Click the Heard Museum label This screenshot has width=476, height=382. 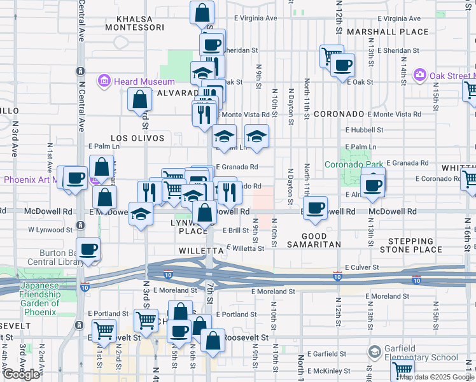pyautogui.click(x=144, y=81)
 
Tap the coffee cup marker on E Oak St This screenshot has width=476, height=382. pyautogui.click(x=343, y=65)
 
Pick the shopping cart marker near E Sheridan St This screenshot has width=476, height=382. pyautogui.click(x=332, y=56)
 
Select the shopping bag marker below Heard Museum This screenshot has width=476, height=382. pyautogui.click(x=139, y=99)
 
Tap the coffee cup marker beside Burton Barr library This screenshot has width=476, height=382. pyautogui.click(x=88, y=249)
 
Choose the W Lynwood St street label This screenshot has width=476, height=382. pyautogui.click(x=50, y=229)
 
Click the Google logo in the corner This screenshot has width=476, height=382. pyautogui.click(x=21, y=374)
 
